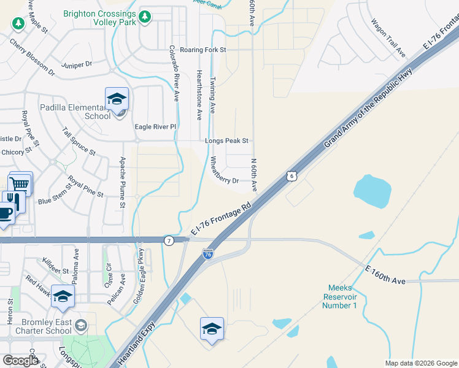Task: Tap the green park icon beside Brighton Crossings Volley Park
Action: coord(145,17)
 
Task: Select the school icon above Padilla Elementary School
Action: coord(117,98)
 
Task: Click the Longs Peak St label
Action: coord(226,141)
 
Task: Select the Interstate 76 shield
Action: coord(208,253)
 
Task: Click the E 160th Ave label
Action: coord(385,274)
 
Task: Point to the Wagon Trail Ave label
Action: coord(388,38)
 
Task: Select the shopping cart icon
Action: coord(20,183)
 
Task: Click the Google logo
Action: coord(20,361)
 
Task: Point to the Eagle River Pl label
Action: coord(155,127)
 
